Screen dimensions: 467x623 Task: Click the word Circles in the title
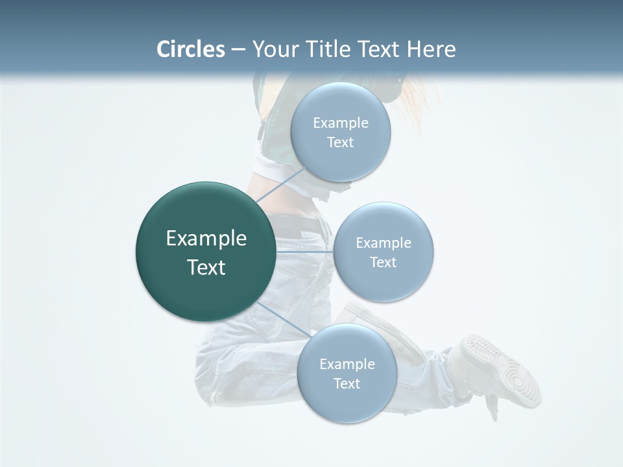point(190,49)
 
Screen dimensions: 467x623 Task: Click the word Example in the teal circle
point(206,239)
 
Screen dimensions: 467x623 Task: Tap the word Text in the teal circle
point(206,267)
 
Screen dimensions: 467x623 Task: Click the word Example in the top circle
point(341,123)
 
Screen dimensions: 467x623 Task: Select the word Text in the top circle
point(341,143)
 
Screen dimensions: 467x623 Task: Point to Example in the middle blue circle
point(384,243)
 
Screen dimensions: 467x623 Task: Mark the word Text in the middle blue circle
point(384,263)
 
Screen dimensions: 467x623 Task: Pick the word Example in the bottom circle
point(347,365)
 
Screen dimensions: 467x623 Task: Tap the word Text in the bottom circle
point(347,384)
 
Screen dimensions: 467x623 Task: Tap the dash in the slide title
point(238,50)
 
